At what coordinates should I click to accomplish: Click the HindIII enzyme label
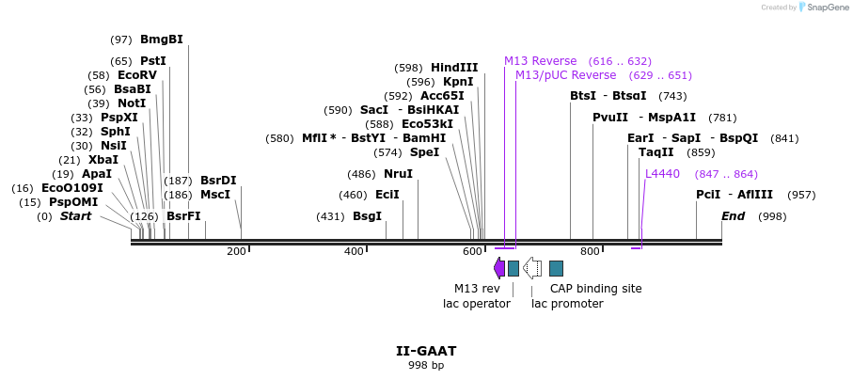[x=454, y=68]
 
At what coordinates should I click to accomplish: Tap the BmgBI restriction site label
[x=162, y=40]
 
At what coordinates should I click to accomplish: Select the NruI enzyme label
[x=398, y=174]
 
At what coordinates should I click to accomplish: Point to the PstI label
[x=153, y=60]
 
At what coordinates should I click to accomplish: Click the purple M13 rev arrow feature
[x=498, y=268]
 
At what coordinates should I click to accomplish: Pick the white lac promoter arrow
[x=532, y=268]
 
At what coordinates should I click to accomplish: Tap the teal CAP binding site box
[x=556, y=268]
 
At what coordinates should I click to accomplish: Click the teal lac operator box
[x=513, y=268]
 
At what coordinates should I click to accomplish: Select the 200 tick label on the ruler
[x=236, y=251]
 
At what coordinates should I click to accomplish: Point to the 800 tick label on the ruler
[x=590, y=251]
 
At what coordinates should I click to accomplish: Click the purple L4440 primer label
[x=663, y=174]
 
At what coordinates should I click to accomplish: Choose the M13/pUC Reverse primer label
[x=566, y=75]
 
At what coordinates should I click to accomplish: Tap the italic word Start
[x=75, y=216]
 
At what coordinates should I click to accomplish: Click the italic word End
[x=733, y=216]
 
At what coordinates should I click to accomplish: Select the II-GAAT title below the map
[x=426, y=351]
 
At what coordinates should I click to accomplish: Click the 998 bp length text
[x=426, y=365]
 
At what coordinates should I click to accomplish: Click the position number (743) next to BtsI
[x=673, y=96]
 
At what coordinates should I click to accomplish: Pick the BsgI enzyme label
[x=368, y=216]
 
